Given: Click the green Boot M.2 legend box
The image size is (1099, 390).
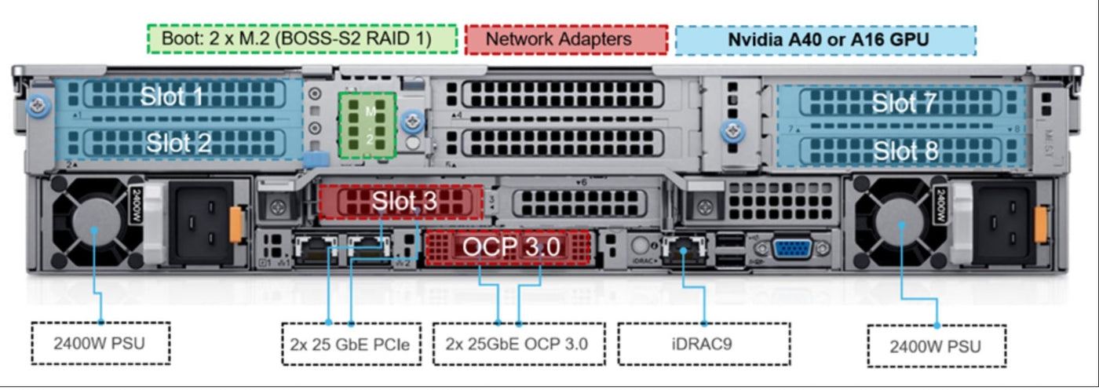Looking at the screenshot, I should pyautogui.click(x=302, y=39).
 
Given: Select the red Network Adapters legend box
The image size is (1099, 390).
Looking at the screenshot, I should pyautogui.click(x=566, y=39).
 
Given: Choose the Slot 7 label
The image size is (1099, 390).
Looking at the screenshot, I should pyautogui.click(x=905, y=104).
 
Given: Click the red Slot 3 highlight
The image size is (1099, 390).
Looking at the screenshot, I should pyautogui.click(x=401, y=202).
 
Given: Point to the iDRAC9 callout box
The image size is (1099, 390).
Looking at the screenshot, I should pyautogui.click(x=703, y=344).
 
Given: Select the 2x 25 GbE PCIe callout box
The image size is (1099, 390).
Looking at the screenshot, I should pyautogui.click(x=349, y=344).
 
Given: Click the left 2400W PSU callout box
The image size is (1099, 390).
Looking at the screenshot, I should pyautogui.click(x=100, y=343).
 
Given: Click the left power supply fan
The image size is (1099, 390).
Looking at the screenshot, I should pyautogui.click(x=95, y=228).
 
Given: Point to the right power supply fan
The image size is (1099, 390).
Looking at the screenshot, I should pyautogui.click(x=901, y=224).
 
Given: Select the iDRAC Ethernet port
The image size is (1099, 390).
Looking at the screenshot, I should pyautogui.click(x=682, y=250).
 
